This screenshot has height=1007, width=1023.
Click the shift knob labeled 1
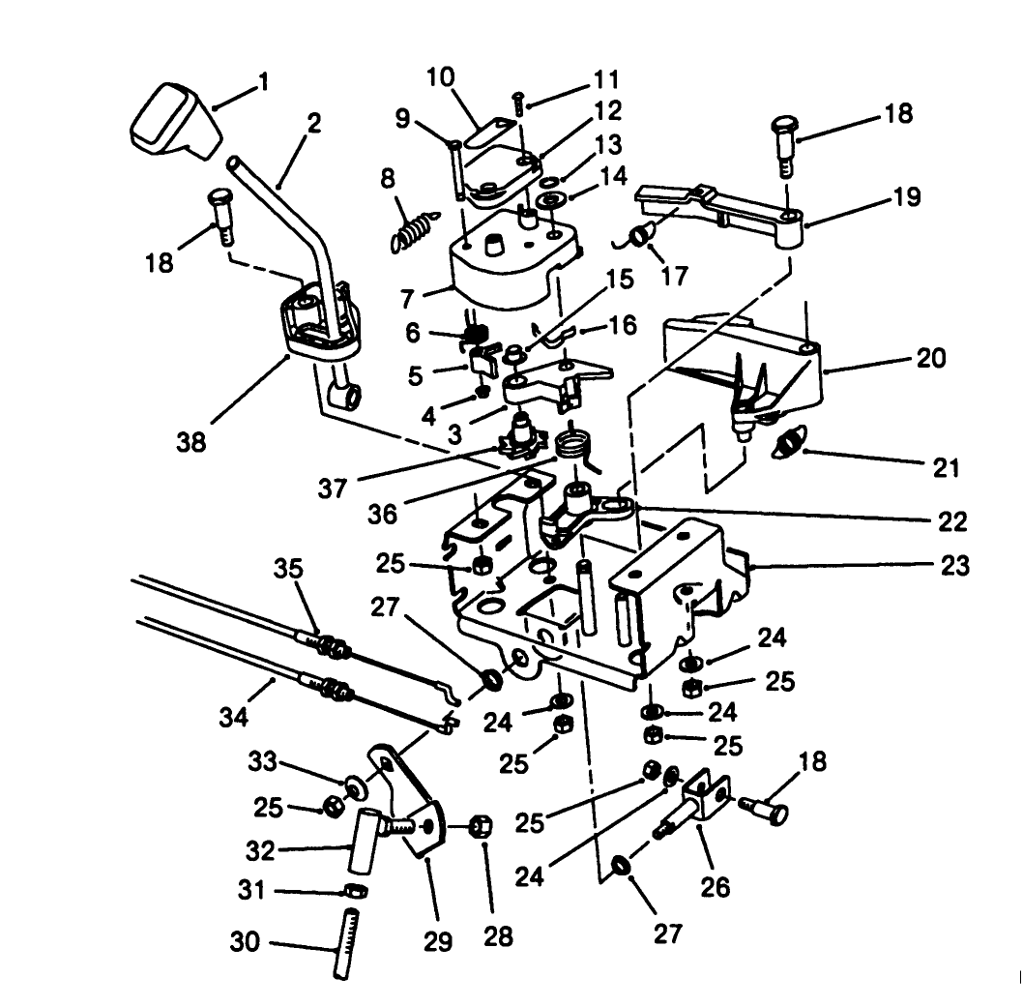174,121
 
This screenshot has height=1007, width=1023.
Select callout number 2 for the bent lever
313,125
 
